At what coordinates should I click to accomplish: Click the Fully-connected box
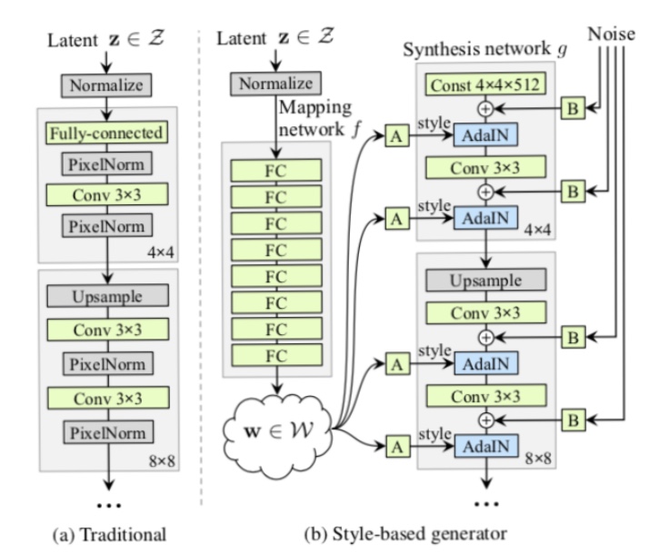(106, 133)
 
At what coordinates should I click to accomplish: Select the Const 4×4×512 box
(485, 84)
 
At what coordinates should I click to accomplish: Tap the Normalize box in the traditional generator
(106, 85)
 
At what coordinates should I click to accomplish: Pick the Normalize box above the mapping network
(275, 84)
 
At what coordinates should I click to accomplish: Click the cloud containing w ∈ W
(277, 431)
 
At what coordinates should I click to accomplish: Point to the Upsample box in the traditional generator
(107, 296)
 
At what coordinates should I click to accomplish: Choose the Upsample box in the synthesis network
(486, 280)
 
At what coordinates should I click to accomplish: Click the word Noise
(611, 34)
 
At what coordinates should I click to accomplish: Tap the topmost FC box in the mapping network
(276, 170)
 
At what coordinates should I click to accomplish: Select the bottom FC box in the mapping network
(277, 356)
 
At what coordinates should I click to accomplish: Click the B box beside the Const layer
(574, 109)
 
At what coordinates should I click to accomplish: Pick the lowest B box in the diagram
(574, 420)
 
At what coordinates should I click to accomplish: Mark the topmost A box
(396, 136)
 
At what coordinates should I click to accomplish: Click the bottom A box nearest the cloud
(397, 447)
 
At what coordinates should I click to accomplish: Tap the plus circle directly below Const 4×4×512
(485, 109)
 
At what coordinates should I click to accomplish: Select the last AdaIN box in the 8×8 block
(486, 447)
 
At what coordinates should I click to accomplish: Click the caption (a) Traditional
(109, 535)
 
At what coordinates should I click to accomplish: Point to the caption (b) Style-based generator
(405, 534)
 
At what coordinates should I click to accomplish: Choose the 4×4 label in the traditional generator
(161, 252)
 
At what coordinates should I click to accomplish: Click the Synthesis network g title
(485, 49)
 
